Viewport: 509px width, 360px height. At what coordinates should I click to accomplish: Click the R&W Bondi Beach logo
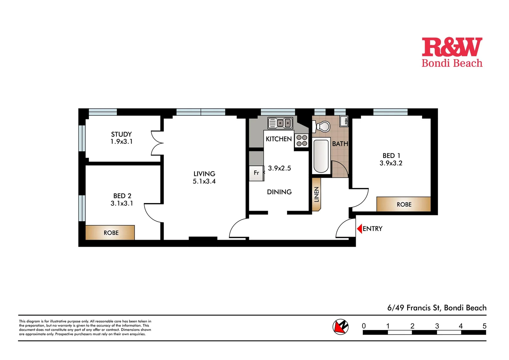click(452, 52)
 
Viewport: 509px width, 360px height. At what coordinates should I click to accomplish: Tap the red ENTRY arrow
click(359, 229)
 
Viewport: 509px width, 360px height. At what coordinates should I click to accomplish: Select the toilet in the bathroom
click(322, 127)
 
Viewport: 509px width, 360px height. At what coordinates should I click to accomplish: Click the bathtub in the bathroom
click(321, 156)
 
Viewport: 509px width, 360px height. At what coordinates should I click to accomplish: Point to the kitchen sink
click(280, 123)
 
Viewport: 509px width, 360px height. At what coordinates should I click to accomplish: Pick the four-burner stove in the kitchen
click(301, 141)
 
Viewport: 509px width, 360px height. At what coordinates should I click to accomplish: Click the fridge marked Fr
click(256, 173)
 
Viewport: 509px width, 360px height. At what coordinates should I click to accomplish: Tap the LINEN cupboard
click(316, 194)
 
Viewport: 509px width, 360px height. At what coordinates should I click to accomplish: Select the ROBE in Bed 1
click(404, 204)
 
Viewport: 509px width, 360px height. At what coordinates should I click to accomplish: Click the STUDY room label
click(121, 134)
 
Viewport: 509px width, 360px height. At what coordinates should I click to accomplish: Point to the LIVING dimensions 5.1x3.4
click(204, 182)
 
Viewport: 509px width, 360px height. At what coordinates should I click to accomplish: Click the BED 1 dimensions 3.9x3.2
click(391, 163)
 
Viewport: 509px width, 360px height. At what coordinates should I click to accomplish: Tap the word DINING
click(279, 192)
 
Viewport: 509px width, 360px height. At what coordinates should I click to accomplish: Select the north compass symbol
click(340, 326)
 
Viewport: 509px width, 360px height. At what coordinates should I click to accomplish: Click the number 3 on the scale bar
click(437, 326)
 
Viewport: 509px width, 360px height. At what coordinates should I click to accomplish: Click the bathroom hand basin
click(344, 121)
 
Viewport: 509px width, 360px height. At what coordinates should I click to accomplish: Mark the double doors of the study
click(157, 143)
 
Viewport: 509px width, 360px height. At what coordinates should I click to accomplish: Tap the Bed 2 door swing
click(153, 213)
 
